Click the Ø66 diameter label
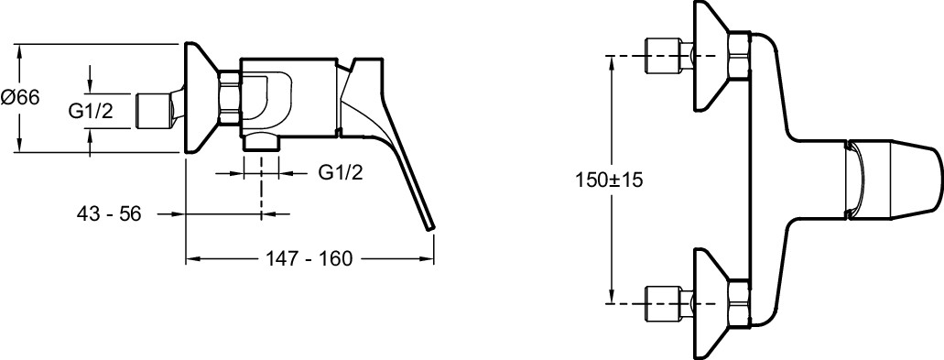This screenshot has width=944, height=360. [20, 96]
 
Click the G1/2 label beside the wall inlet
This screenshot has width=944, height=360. [91, 111]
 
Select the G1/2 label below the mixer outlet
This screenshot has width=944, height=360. [341, 173]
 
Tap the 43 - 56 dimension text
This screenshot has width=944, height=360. [109, 213]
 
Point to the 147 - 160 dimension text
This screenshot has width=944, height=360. [309, 259]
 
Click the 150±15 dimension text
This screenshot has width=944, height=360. [609, 180]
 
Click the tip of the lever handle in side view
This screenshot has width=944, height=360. [430, 227]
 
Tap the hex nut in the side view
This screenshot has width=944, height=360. [230, 99]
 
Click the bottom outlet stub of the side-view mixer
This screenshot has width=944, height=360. [262, 141]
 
